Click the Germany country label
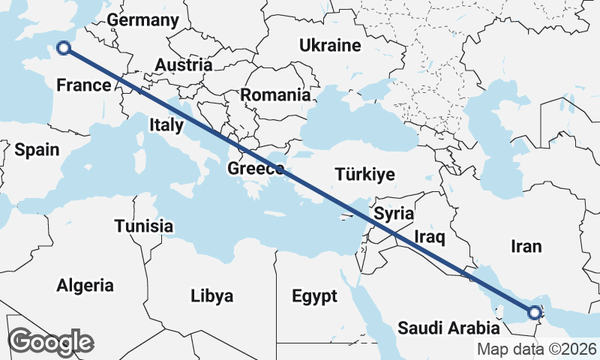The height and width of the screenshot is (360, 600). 143,20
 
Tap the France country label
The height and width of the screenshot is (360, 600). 84,85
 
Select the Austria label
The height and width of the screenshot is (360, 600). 184,65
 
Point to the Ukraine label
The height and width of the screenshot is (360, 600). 330,46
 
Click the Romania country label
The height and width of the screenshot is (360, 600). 275,95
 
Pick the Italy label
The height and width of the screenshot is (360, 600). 166,124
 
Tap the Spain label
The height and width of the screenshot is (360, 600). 37,150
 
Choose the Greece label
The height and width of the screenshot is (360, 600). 256,168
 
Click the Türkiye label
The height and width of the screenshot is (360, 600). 364,175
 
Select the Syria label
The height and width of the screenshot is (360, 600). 394,213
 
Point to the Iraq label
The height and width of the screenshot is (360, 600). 430,238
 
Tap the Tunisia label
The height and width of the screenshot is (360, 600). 144,226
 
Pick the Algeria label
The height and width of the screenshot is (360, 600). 85,285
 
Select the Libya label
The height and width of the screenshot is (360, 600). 212,295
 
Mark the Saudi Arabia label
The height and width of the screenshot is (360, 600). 448,328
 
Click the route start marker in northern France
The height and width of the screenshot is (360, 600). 64,48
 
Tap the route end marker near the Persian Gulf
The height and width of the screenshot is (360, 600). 534,313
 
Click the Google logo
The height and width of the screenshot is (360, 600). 50,342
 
